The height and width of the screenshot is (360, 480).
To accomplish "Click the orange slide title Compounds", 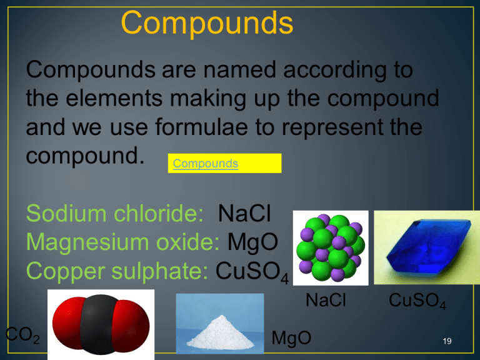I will [x=207, y=23].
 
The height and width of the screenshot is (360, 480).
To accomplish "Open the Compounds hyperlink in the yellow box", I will [x=206, y=164].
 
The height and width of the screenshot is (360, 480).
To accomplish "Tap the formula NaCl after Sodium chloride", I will [x=244, y=215].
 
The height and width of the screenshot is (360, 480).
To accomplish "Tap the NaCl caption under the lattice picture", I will [x=326, y=301].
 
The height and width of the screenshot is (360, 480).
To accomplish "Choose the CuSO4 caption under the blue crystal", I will [x=417, y=302].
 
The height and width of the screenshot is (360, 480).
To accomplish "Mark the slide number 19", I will [x=446, y=341].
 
